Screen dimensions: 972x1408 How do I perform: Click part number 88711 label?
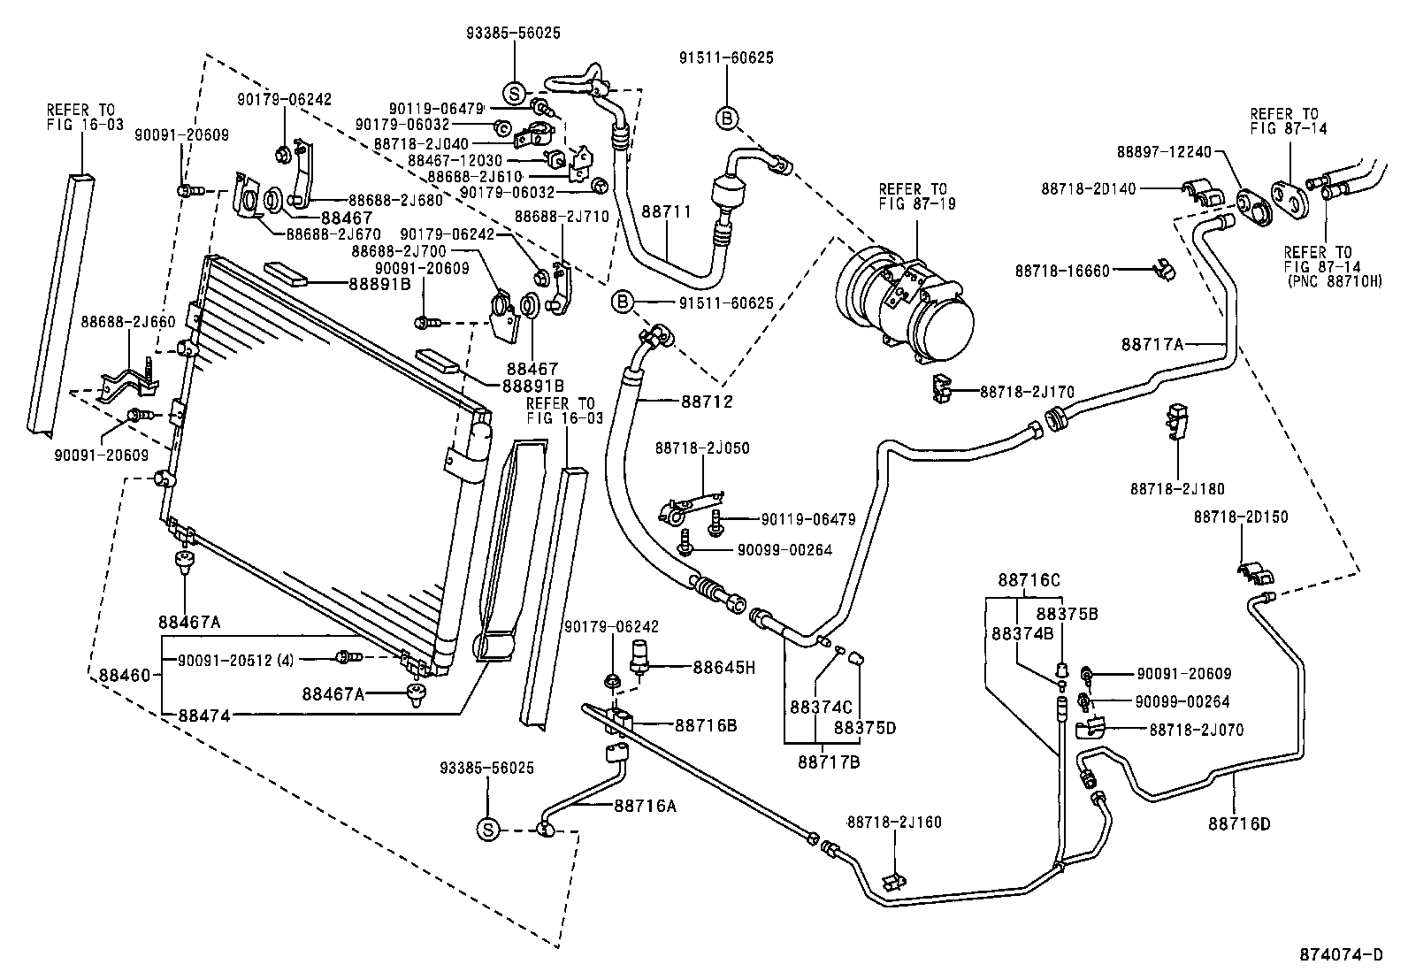(666, 211)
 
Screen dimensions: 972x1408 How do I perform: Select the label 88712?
(707, 402)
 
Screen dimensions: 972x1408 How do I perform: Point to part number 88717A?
(1152, 344)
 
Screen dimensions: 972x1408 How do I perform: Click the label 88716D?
(1238, 823)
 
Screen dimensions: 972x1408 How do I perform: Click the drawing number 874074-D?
(1340, 954)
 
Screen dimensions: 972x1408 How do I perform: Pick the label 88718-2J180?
(1177, 488)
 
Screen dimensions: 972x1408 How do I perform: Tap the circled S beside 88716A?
(487, 829)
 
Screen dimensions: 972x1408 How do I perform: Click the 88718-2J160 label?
(894, 822)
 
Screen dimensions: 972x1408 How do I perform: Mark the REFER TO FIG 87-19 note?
(913, 196)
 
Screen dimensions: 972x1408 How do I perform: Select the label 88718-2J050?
(702, 448)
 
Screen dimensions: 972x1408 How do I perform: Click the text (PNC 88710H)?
(1335, 280)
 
